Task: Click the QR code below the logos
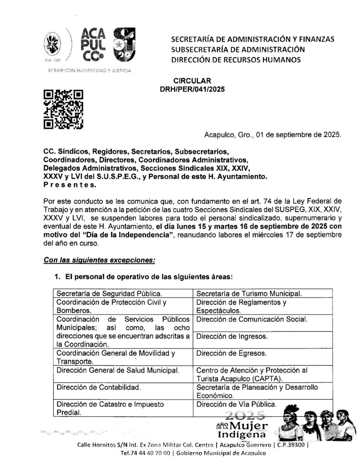coord(63,109)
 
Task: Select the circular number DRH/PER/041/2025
coord(192,90)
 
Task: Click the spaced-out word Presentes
coord(70,185)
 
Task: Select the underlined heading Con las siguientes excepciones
coord(99,260)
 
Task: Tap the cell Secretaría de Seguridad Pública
coord(109,293)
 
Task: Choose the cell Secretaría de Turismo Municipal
coord(249,293)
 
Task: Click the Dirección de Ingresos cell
coord(232,336)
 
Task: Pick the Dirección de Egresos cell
coord(231,353)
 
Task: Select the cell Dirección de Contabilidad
coord(99,387)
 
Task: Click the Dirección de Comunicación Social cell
coord(252,319)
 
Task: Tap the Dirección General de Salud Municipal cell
coord(118,370)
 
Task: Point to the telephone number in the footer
coord(145,453)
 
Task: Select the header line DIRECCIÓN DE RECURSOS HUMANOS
coord(236,60)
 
